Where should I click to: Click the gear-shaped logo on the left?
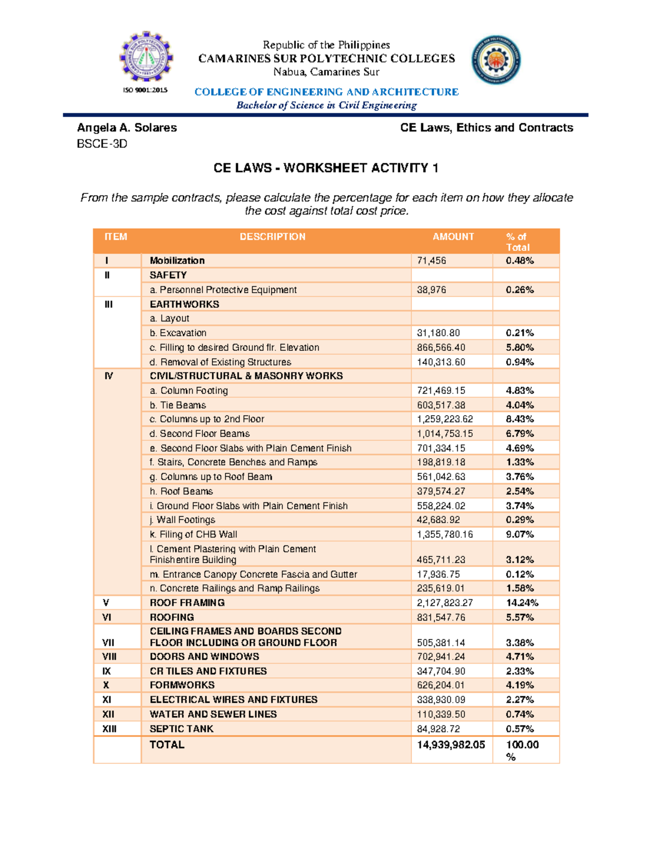(145, 57)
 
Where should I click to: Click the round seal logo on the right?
(496, 60)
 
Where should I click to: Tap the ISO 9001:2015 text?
(145, 90)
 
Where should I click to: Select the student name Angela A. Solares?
(127, 127)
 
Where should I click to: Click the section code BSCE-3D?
(102, 144)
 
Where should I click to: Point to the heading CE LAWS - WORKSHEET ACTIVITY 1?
(326, 168)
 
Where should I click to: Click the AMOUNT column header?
(453, 237)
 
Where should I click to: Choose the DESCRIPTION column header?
(273, 237)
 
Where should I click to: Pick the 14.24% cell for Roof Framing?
(522, 602)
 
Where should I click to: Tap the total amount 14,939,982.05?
(451, 745)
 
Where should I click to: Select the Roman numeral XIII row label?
(109, 729)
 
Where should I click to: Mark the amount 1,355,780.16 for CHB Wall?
(445, 534)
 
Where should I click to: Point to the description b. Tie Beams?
(178, 405)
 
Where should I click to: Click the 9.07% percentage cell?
(520, 534)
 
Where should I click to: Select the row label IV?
(109, 376)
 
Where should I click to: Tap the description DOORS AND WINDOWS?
(205, 656)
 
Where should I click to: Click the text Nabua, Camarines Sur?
(326, 72)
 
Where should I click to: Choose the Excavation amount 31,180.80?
(439, 333)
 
